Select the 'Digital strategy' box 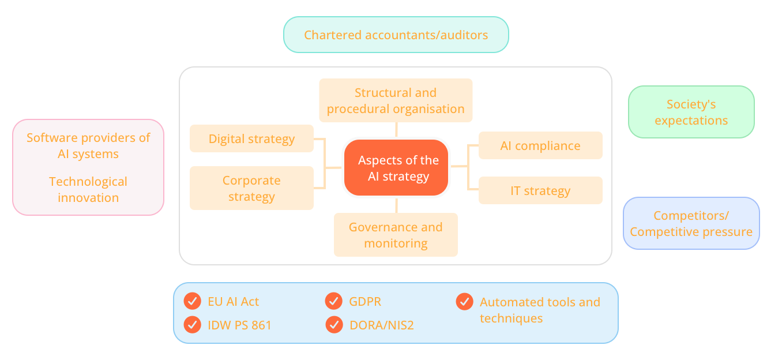click(x=251, y=139)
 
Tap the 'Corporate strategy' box click(x=251, y=188)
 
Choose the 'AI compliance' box click(x=540, y=146)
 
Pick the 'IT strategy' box click(x=540, y=191)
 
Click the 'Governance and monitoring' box click(x=396, y=235)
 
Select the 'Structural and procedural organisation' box click(x=396, y=100)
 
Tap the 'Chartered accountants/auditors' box click(x=396, y=35)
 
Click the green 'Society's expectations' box click(x=691, y=112)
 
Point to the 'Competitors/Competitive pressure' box click(x=691, y=223)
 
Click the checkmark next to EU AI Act click(x=192, y=301)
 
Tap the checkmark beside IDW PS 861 click(x=192, y=325)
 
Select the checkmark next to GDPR click(x=334, y=301)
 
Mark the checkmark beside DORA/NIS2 click(x=334, y=325)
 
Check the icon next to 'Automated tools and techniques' click(x=464, y=301)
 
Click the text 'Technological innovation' click(x=88, y=189)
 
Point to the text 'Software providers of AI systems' click(x=88, y=146)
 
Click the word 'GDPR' click(x=365, y=302)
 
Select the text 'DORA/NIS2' click(x=382, y=325)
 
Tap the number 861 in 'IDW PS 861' click(x=261, y=325)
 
